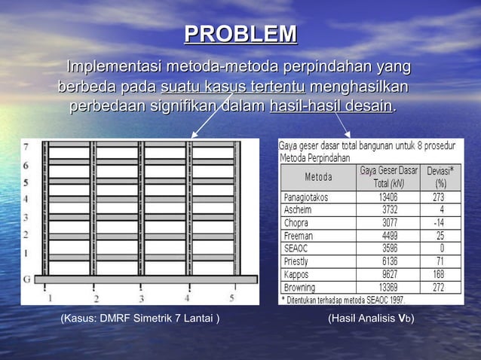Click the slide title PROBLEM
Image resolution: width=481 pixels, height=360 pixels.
(x=240, y=35)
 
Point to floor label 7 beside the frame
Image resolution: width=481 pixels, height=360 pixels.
(x=26, y=146)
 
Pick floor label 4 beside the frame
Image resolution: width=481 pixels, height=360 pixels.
(x=26, y=200)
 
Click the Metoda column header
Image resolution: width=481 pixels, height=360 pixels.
(x=318, y=177)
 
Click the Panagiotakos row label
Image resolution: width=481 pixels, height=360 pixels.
(x=308, y=197)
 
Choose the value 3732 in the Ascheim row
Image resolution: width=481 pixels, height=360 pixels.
(x=390, y=210)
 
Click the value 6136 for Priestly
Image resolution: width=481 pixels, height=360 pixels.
(x=390, y=261)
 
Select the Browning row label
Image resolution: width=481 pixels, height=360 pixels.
(x=300, y=287)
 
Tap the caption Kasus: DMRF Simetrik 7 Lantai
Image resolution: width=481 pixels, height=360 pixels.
(x=140, y=319)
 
